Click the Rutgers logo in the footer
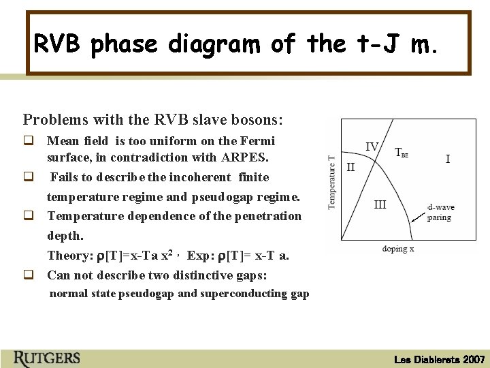46,358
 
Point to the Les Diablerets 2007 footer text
439,359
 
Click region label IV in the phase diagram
372,147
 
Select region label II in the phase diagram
350,166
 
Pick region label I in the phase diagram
447,159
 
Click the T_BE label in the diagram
402,153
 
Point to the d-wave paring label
440,212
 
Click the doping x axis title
398,249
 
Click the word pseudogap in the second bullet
238,197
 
